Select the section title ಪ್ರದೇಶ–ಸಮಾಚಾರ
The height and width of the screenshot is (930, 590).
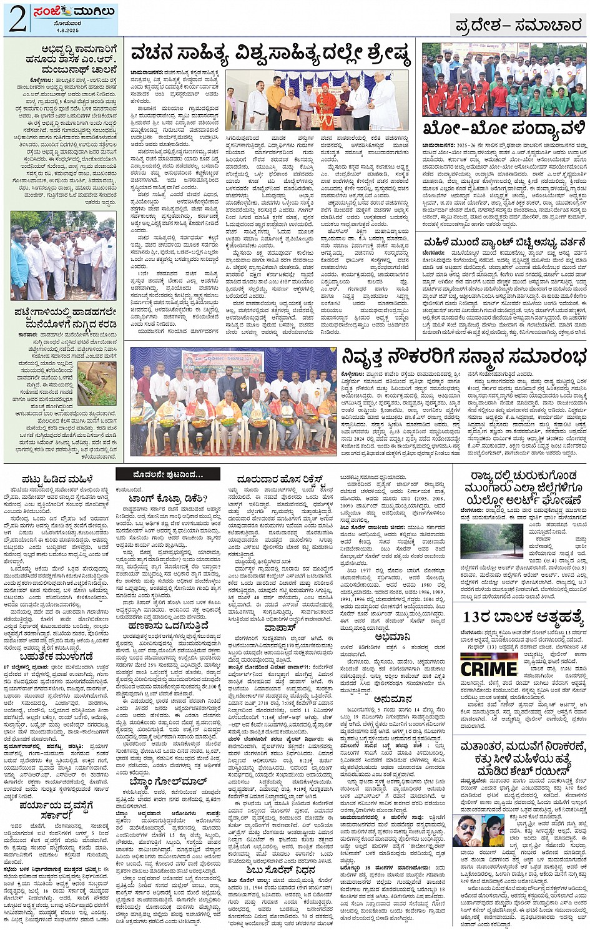pyautogui.click(x=518, y=25)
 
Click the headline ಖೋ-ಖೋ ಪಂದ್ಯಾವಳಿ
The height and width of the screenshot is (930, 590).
pyautogui.click(x=504, y=129)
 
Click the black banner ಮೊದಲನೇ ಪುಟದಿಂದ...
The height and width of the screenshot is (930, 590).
pyautogui.click(x=167, y=475)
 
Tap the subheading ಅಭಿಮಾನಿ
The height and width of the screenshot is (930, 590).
pyautogui.click(x=392, y=637)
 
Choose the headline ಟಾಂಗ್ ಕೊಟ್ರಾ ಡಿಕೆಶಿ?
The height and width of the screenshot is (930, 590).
pyautogui.click(x=168, y=499)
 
